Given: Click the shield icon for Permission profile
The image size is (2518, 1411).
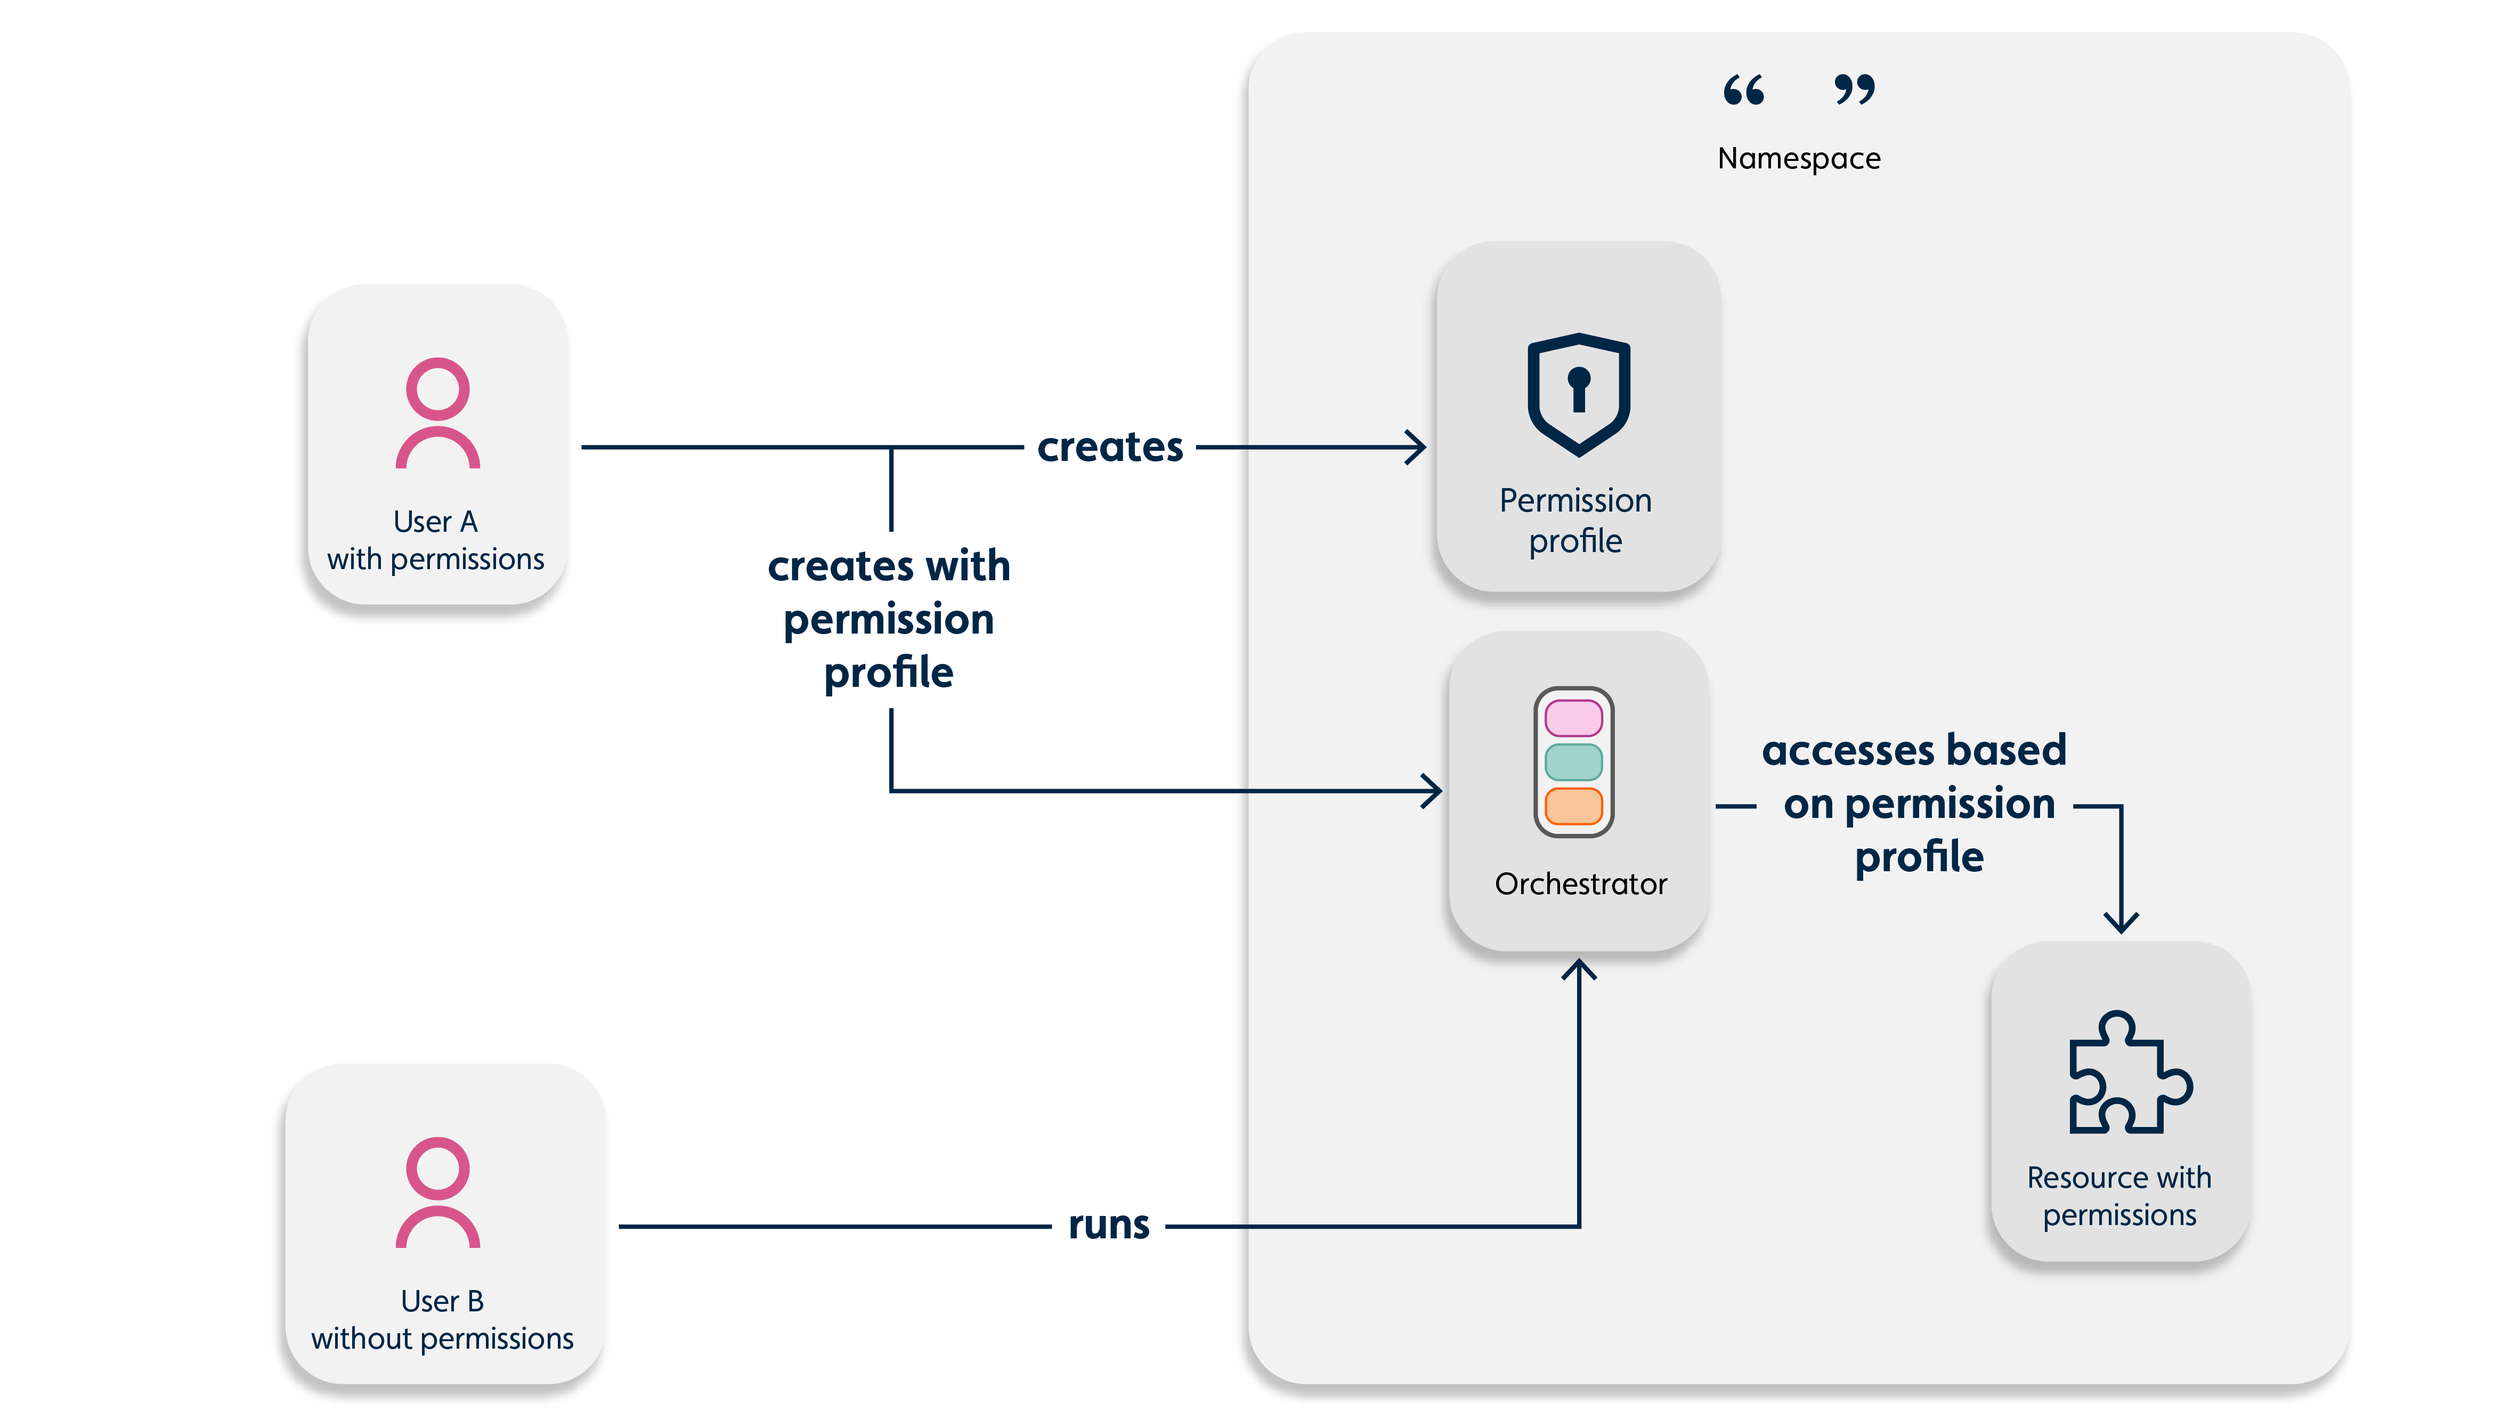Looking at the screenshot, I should coord(1579,394).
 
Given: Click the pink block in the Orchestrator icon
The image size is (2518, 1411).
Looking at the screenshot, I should coord(1573,718).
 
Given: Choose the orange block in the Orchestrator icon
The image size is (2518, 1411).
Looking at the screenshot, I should coord(1573,806).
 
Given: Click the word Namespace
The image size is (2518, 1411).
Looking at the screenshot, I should coord(1799,158).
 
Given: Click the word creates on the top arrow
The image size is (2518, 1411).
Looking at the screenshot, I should coord(1109,447).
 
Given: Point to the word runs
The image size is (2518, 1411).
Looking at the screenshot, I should coord(1108,1225).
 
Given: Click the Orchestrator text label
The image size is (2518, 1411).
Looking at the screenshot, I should coord(1581,884).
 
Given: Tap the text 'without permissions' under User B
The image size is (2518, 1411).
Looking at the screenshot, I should coord(442,1339).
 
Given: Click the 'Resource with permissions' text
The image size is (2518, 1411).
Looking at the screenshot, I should coord(2119,1196).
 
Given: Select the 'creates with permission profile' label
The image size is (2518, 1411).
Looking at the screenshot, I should coord(889,619).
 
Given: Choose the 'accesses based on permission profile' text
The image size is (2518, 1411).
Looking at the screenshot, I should coord(1916,803).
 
